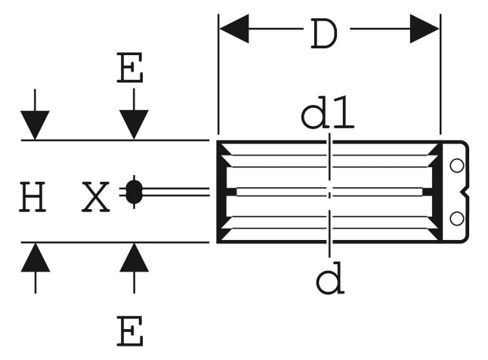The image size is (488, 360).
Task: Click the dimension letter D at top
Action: point(323,33)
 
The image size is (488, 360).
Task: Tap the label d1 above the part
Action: point(327,112)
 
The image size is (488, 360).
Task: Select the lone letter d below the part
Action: point(330,278)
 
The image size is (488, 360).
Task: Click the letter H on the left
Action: point(32,197)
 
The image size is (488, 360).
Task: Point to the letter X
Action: point(95,197)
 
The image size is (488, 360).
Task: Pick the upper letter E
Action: point(130,67)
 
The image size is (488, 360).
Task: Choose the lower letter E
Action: point(130,331)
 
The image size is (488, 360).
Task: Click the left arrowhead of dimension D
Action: point(234,29)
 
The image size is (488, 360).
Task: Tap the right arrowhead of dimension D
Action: point(425,29)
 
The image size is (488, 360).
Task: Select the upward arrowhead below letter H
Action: point(36,257)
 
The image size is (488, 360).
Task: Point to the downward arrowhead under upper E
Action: point(134,125)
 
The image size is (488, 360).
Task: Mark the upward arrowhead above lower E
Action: point(134,257)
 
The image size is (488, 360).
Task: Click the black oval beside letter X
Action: point(134,192)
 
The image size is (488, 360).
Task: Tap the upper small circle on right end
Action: point(457,166)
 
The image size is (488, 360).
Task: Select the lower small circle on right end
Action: point(457,219)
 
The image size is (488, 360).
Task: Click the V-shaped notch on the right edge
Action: point(465,192)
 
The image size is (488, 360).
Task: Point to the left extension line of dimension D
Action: point(218,74)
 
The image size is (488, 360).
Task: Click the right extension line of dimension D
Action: point(440,74)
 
